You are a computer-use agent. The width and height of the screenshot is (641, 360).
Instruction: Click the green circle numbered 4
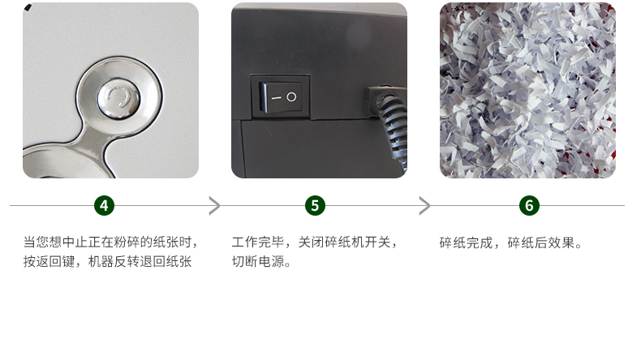(x=104, y=205)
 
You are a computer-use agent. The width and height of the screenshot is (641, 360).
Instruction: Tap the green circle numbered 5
(x=315, y=205)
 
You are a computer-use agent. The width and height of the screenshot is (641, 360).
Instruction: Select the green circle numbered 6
(x=529, y=205)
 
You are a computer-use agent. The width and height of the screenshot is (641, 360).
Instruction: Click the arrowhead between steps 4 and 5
(x=215, y=205)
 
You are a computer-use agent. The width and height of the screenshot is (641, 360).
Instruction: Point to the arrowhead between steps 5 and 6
(x=425, y=205)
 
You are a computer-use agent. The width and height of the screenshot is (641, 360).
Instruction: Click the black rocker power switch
(x=281, y=96)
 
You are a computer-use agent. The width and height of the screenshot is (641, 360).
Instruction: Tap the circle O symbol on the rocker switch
(x=291, y=96)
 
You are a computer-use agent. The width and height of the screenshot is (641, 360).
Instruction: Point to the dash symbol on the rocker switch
(x=277, y=98)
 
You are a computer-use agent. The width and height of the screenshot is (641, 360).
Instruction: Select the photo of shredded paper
(x=527, y=90)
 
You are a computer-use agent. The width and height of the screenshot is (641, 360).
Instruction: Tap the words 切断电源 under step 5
(x=258, y=262)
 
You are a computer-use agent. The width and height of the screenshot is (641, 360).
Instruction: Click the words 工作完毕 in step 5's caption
(x=258, y=242)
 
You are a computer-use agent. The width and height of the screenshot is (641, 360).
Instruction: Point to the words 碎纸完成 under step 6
(x=466, y=243)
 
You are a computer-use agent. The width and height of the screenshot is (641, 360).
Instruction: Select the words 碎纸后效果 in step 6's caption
(x=541, y=243)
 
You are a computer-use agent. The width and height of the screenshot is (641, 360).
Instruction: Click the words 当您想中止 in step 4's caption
(x=55, y=242)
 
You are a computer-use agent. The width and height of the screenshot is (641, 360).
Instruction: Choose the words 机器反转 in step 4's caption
(x=114, y=262)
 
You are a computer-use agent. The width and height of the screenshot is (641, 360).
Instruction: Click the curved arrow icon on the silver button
(x=119, y=98)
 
